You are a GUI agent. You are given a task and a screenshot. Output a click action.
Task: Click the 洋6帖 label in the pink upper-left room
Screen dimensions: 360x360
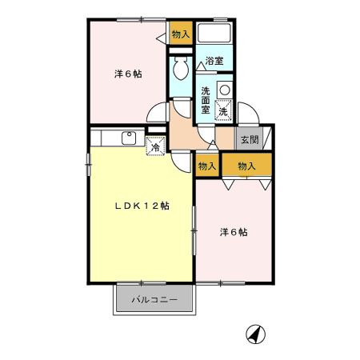point(128,75)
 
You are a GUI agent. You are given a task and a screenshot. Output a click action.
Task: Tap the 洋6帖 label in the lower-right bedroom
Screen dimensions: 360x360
point(234,233)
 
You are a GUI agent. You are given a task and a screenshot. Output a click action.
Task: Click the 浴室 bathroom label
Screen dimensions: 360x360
point(214,61)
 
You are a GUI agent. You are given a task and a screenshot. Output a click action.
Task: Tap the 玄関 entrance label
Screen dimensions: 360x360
point(248,139)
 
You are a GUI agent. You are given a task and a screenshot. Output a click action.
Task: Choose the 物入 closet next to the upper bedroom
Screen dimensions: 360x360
point(180,34)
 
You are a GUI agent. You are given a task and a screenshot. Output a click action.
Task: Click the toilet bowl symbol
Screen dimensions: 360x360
point(180,70)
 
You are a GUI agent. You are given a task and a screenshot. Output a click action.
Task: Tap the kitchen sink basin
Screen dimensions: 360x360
point(129,138)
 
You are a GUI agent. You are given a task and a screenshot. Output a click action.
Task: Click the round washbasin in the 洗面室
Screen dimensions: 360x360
point(225,87)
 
